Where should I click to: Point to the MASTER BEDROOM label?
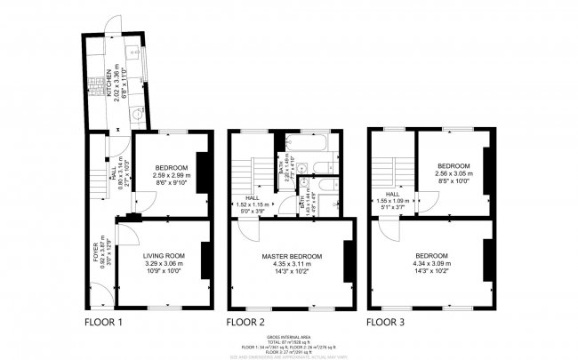pyautogui.click(x=292, y=256)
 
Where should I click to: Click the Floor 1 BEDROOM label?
pyautogui.click(x=171, y=168)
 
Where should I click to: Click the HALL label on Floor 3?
pyautogui.click(x=392, y=194)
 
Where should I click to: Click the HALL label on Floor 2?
pyautogui.click(x=252, y=198)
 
